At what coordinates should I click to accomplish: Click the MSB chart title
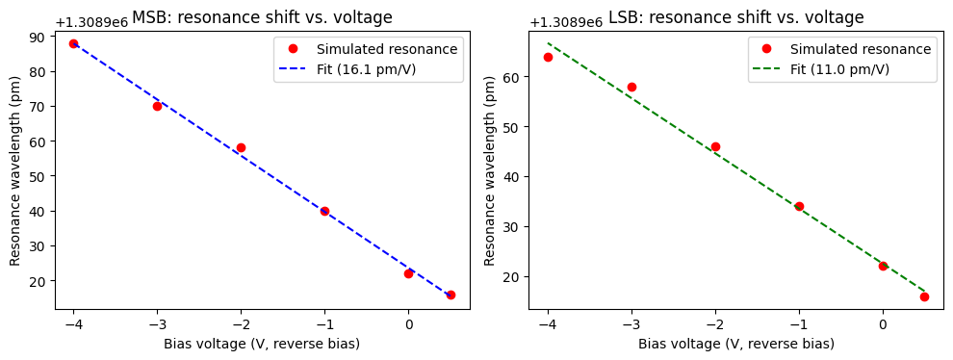[262, 17]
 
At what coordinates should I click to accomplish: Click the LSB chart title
[735, 17]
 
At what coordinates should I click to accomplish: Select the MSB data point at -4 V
[73, 44]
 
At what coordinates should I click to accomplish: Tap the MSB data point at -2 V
[241, 148]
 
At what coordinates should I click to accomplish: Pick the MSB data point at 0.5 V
[451, 295]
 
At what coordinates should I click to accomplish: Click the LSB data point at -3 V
[631, 87]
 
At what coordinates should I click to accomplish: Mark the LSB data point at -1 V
[799, 206]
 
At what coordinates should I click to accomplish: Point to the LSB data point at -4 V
[548, 57]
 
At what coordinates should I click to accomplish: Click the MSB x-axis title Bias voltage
[262, 344]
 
